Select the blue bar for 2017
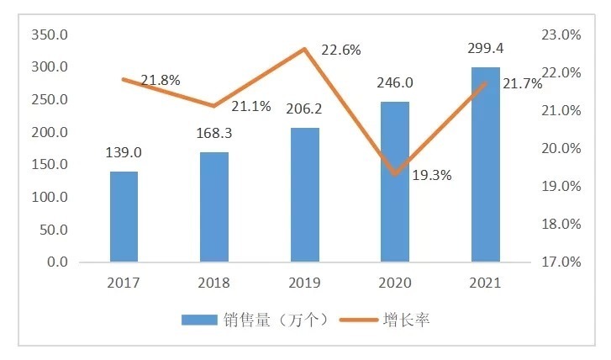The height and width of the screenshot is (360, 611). [x=124, y=216]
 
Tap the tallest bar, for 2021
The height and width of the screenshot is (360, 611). [x=485, y=164]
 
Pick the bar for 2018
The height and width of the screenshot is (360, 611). [x=214, y=207]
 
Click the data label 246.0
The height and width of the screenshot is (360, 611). [x=395, y=84]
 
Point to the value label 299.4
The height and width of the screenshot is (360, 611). [x=485, y=49]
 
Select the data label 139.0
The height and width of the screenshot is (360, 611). [x=124, y=153]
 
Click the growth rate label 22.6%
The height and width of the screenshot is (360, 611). [x=341, y=50]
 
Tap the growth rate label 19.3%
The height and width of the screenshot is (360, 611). [x=432, y=176]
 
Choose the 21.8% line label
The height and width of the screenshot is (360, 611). [x=161, y=81]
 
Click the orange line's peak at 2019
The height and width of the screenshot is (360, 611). [x=305, y=49]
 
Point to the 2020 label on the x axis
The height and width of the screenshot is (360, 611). [x=395, y=283]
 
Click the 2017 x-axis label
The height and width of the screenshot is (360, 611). [x=124, y=283]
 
